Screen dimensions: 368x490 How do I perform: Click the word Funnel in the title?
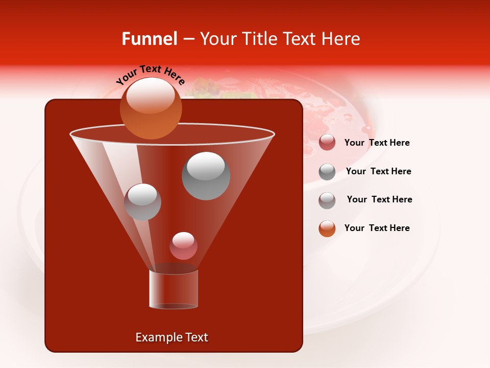[x=149, y=39]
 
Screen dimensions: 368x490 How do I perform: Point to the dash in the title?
[x=188, y=39]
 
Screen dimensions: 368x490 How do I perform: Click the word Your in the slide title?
[x=216, y=39]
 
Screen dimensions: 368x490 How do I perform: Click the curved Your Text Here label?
[x=151, y=74]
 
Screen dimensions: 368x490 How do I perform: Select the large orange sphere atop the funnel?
[x=151, y=108]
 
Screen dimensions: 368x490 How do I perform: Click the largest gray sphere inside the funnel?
[x=206, y=176]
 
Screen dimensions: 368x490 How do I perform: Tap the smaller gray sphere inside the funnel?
[x=142, y=202]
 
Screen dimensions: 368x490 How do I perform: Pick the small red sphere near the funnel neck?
[x=183, y=246]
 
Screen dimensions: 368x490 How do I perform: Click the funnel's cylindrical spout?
[x=174, y=289]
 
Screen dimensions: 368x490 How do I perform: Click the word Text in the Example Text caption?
[x=197, y=337]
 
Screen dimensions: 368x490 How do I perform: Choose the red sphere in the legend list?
[x=327, y=143]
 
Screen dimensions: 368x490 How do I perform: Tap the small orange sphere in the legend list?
[x=327, y=228]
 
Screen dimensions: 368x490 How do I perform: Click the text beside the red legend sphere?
[x=377, y=143]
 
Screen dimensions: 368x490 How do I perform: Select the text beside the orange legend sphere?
[x=377, y=228]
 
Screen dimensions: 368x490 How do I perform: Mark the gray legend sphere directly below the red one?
[x=327, y=172]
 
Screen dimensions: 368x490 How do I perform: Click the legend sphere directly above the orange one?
[x=327, y=200]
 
